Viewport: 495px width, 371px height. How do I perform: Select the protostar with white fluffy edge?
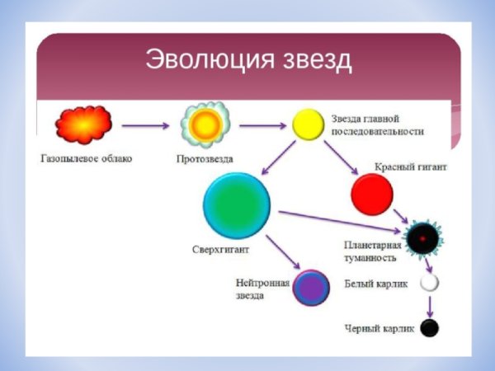tap(201, 124)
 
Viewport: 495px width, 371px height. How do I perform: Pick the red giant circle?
tap(371, 195)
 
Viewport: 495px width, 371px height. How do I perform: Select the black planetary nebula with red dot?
tap(422, 238)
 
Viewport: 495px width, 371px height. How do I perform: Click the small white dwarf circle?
tap(429, 283)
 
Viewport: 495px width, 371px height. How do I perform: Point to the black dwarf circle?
tap(429, 328)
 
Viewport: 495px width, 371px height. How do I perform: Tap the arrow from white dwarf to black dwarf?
tap(429, 306)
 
